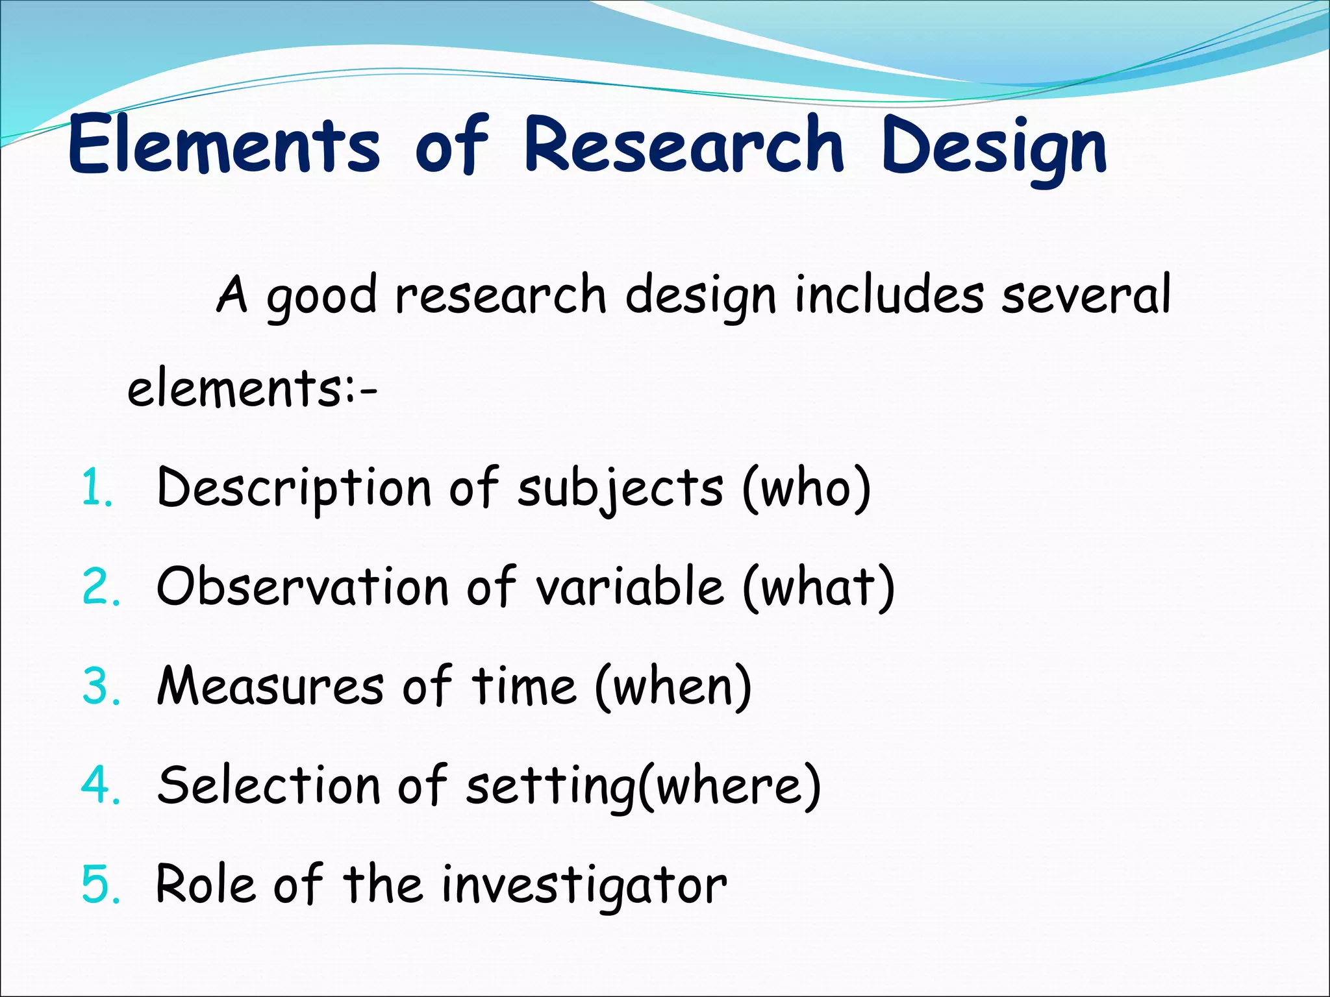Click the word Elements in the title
point(224,144)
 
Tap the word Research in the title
point(684,144)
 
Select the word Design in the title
point(994,148)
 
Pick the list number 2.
point(101,587)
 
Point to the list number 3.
point(101,687)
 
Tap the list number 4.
point(101,786)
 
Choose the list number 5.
point(101,885)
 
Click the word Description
point(294,488)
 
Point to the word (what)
point(819,587)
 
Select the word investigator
point(584,887)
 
